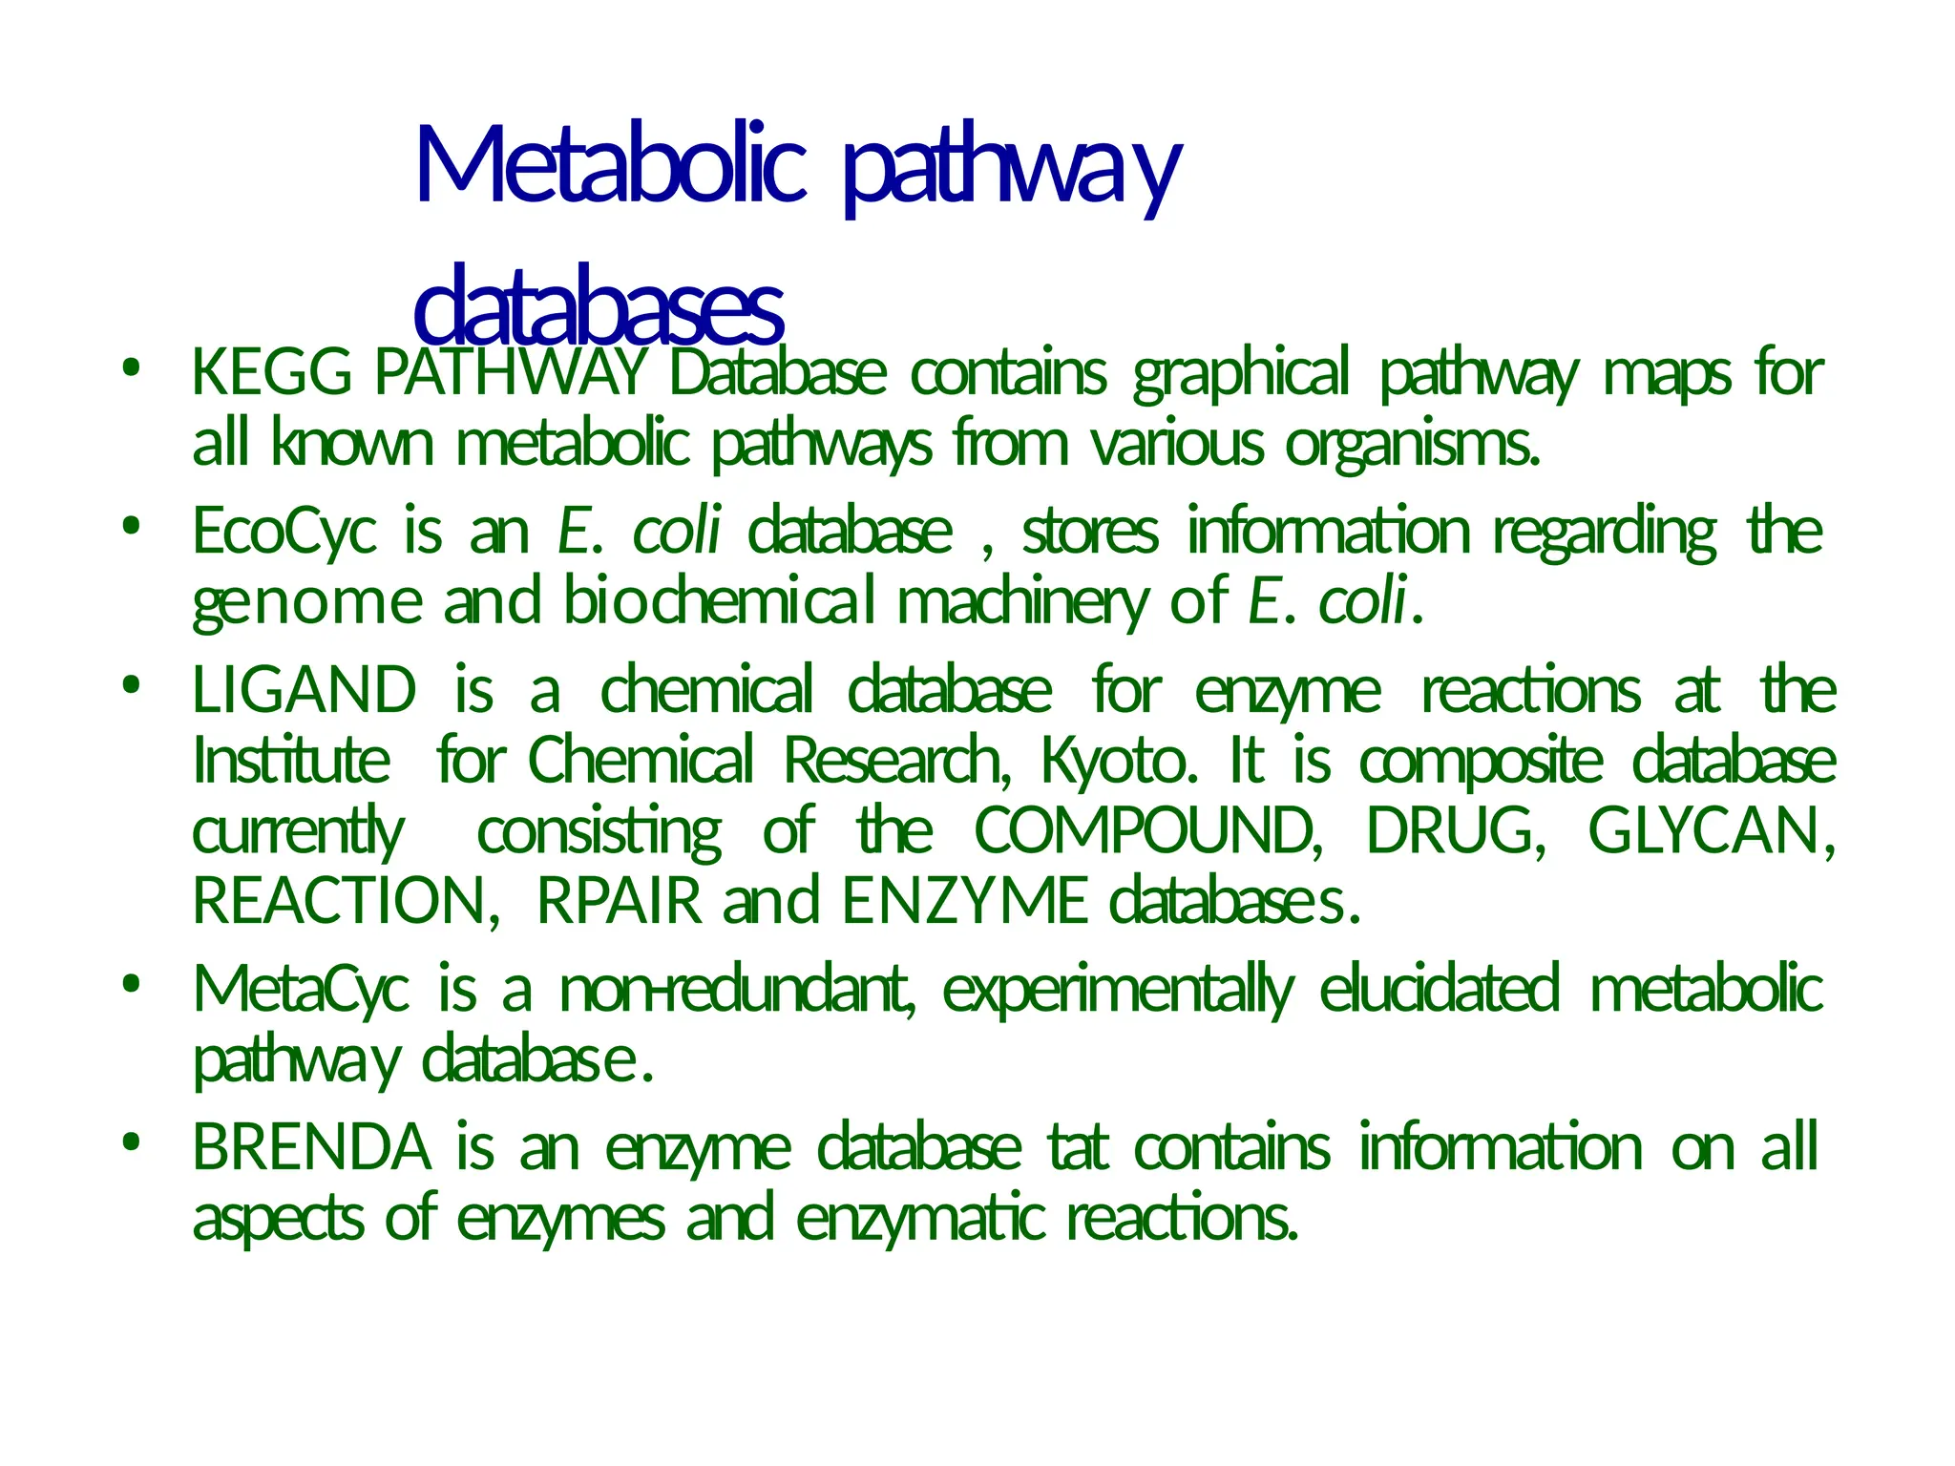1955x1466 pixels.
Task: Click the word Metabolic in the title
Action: [x=611, y=168]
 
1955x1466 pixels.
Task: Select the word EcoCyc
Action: [x=284, y=532]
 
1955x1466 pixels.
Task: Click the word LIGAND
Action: [x=305, y=691]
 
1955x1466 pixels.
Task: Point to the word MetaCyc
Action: [x=301, y=990]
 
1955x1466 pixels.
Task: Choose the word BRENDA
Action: [x=311, y=1148]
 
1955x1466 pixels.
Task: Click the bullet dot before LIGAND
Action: [x=131, y=684]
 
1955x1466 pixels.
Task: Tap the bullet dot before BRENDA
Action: [x=131, y=1141]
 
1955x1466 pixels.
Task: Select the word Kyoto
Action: [x=1118, y=762]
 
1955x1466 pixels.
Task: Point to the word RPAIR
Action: [x=619, y=901]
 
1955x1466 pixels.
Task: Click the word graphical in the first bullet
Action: [x=1241, y=374]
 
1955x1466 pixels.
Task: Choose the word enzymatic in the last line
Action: [x=920, y=1219]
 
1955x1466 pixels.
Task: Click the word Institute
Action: [x=291, y=762]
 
